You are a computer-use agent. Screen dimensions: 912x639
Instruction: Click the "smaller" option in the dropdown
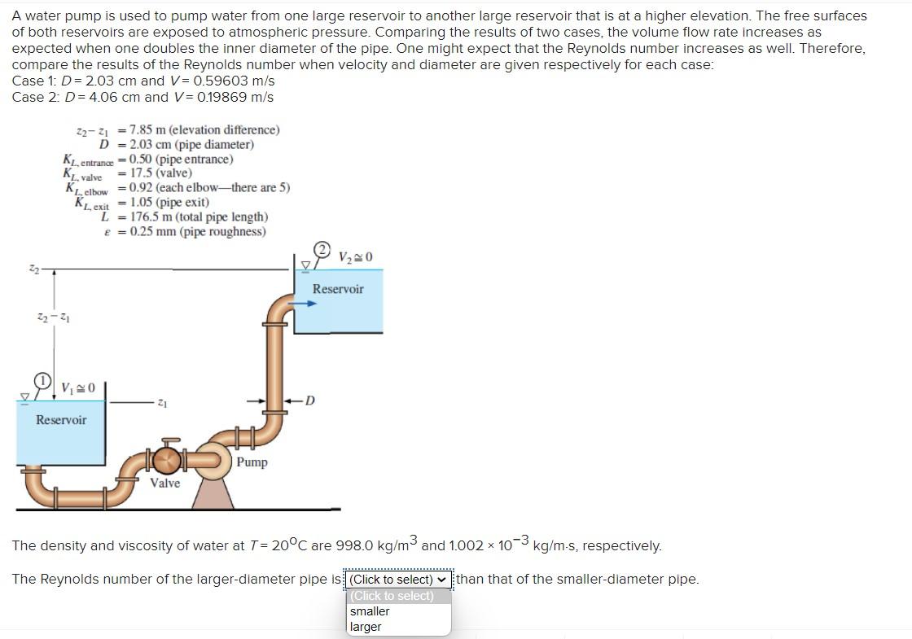370,611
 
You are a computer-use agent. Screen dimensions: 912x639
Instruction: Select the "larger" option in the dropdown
366,627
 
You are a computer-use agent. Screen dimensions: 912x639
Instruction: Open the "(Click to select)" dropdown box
398,580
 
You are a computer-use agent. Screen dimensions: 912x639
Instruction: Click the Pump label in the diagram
252,462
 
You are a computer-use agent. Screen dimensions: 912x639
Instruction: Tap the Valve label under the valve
165,483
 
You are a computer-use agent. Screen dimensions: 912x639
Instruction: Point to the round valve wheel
168,461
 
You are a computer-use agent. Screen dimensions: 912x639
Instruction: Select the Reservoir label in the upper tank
338,289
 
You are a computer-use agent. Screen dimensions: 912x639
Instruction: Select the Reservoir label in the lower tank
61,420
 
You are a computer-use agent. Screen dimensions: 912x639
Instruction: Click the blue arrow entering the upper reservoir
305,304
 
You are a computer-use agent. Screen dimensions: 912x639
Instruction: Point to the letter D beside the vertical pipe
310,400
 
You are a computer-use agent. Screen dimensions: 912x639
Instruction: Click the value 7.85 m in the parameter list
148,130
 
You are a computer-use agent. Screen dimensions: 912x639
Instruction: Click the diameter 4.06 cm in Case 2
112,97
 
